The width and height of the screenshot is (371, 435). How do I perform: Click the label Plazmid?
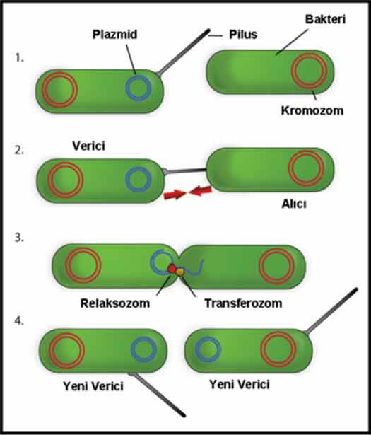(x=114, y=35)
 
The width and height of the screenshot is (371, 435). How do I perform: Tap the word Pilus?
(x=243, y=35)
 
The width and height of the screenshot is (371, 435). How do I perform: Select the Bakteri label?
(x=325, y=19)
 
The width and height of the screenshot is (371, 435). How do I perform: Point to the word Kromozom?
(x=312, y=110)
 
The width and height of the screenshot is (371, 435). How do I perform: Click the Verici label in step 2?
(x=88, y=146)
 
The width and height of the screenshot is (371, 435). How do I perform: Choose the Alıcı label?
(x=294, y=204)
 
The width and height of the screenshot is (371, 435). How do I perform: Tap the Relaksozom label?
(x=115, y=303)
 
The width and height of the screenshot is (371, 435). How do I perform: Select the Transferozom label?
(x=243, y=303)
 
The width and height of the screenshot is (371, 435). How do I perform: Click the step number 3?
(x=19, y=238)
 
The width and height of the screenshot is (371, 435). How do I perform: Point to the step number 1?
(x=19, y=58)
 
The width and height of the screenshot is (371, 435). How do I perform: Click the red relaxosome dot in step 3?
(x=172, y=268)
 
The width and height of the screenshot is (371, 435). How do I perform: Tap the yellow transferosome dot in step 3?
(x=180, y=272)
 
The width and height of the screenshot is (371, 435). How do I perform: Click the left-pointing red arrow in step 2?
(x=201, y=191)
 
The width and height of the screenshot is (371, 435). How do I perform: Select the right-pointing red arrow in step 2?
(x=175, y=195)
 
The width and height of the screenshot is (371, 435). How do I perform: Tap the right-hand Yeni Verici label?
(x=240, y=385)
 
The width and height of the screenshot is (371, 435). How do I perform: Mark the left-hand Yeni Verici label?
(x=93, y=386)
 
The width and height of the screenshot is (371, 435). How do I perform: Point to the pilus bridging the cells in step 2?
(x=186, y=170)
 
